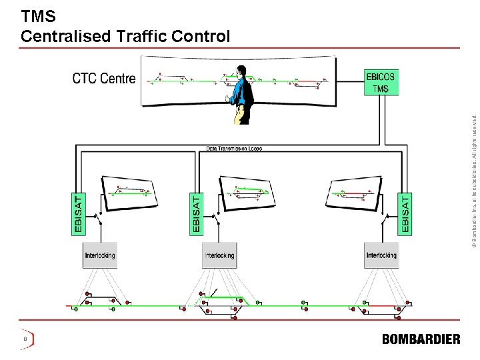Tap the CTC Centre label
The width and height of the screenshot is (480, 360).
tap(104, 79)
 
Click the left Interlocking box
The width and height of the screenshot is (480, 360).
tap(100, 255)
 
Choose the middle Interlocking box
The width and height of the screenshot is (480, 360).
tap(219, 255)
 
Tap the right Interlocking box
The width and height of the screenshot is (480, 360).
tap(381, 255)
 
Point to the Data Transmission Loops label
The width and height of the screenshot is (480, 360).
tap(234, 148)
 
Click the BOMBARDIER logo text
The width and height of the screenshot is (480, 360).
tap(421, 339)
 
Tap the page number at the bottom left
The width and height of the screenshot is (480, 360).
tap(25, 339)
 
